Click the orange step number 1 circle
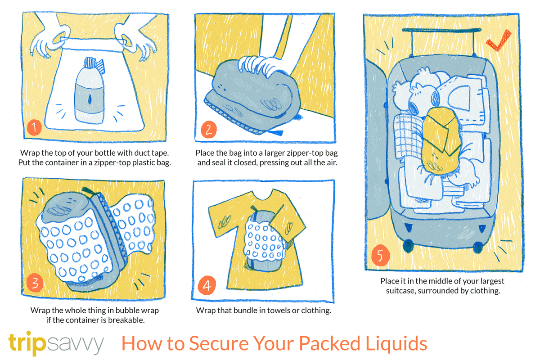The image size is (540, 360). click(x=34, y=127)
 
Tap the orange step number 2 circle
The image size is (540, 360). click(x=209, y=130)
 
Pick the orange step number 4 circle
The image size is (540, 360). click(x=207, y=285)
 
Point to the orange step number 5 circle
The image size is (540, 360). click(x=381, y=255)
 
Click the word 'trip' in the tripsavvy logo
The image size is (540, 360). click(x=27, y=342)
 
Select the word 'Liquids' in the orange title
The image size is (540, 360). click(x=396, y=343)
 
